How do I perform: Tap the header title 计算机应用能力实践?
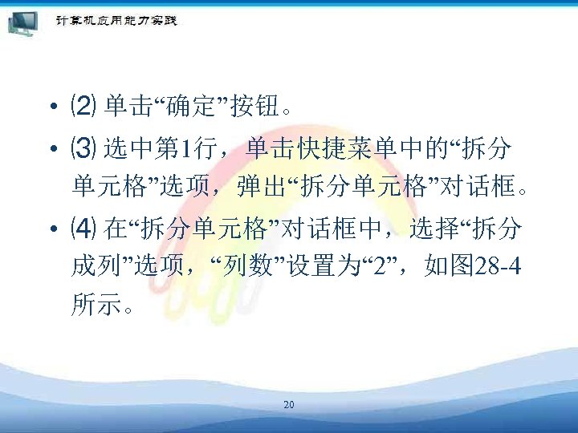click(116, 20)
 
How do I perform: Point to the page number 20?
click(289, 405)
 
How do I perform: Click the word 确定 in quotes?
click(187, 104)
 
